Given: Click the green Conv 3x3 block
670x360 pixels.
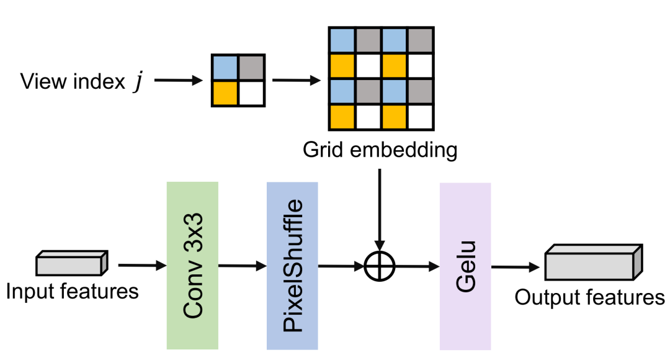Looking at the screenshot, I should pyautogui.click(x=192, y=265).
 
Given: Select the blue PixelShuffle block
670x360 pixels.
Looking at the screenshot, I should pyautogui.click(x=292, y=265).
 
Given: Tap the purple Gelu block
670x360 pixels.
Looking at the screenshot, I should pyautogui.click(x=465, y=266).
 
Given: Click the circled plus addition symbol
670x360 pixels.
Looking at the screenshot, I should pyautogui.click(x=379, y=267).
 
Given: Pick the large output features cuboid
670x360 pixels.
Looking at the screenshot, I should pyautogui.click(x=592, y=263).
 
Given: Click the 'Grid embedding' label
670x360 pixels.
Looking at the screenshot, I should pyautogui.click(x=380, y=150).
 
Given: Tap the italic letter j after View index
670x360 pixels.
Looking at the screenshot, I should pyautogui.click(x=136, y=81).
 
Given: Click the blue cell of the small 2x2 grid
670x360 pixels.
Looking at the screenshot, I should pyautogui.click(x=225, y=67).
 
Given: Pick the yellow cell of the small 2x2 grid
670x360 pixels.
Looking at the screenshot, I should pyautogui.click(x=225, y=92).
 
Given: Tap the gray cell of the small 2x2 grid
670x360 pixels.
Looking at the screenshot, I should pyautogui.click(x=251, y=67).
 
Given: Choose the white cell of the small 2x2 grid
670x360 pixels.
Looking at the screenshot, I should pyautogui.click(x=251, y=92).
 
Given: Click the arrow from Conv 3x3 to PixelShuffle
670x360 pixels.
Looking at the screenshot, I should pyautogui.click(x=243, y=266).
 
